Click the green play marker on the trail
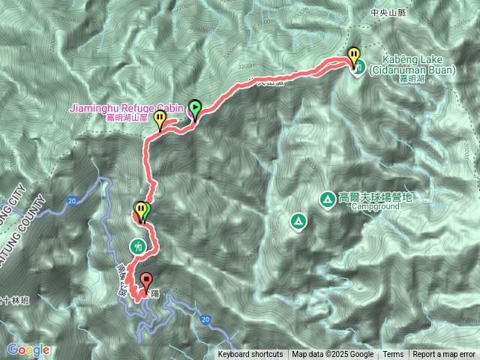click(x=195, y=108)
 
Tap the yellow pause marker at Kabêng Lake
click(x=353, y=55)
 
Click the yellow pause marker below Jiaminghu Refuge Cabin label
click(x=160, y=118)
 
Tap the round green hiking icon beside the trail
click(x=137, y=245)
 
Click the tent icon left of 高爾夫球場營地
click(x=327, y=199)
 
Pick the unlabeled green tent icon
click(x=298, y=221)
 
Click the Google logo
click(x=28, y=349)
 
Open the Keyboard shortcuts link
click(x=250, y=355)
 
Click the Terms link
click(x=393, y=355)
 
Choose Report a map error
click(x=444, y=355)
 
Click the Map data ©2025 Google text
click(x=333, y=355)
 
